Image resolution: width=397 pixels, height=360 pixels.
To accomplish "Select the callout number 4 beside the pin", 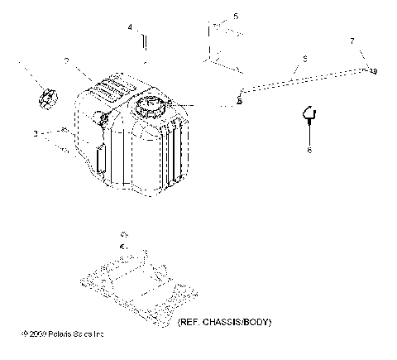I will pos(130,27).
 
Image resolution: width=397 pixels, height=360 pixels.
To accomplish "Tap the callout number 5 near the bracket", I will pos(236,16).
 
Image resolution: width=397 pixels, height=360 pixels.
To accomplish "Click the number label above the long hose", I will pos(304,59).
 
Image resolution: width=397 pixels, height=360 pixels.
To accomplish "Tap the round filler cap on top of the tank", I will pos(152,106).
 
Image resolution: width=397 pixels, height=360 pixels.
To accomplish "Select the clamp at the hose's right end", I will pos(372,71).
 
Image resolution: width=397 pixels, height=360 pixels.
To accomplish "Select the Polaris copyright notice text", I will pos(64,334).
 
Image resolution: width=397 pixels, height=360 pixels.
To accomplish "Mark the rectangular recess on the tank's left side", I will pos(99,158).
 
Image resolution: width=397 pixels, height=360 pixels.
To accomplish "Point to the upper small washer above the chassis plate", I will pos(124,234).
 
